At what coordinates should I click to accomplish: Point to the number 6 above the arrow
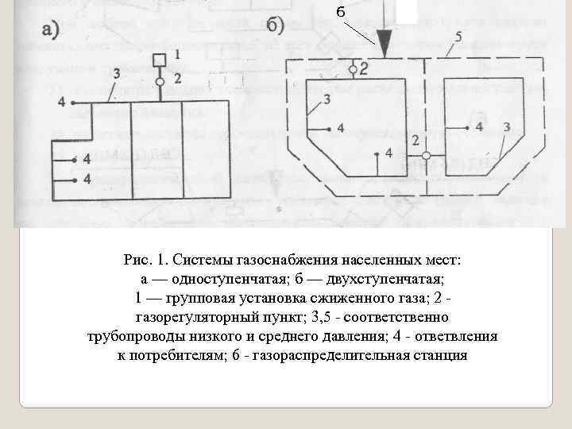coord(340,12)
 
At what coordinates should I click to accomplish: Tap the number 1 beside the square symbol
coord(176,54)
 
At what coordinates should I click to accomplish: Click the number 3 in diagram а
coord(117,73)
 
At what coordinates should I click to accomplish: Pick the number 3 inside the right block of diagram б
coord(506,126)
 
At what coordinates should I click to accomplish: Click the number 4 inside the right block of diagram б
coord(479,126)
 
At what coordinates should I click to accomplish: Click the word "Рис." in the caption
coord(138,260)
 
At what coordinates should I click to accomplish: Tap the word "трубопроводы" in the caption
coord(131,336)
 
